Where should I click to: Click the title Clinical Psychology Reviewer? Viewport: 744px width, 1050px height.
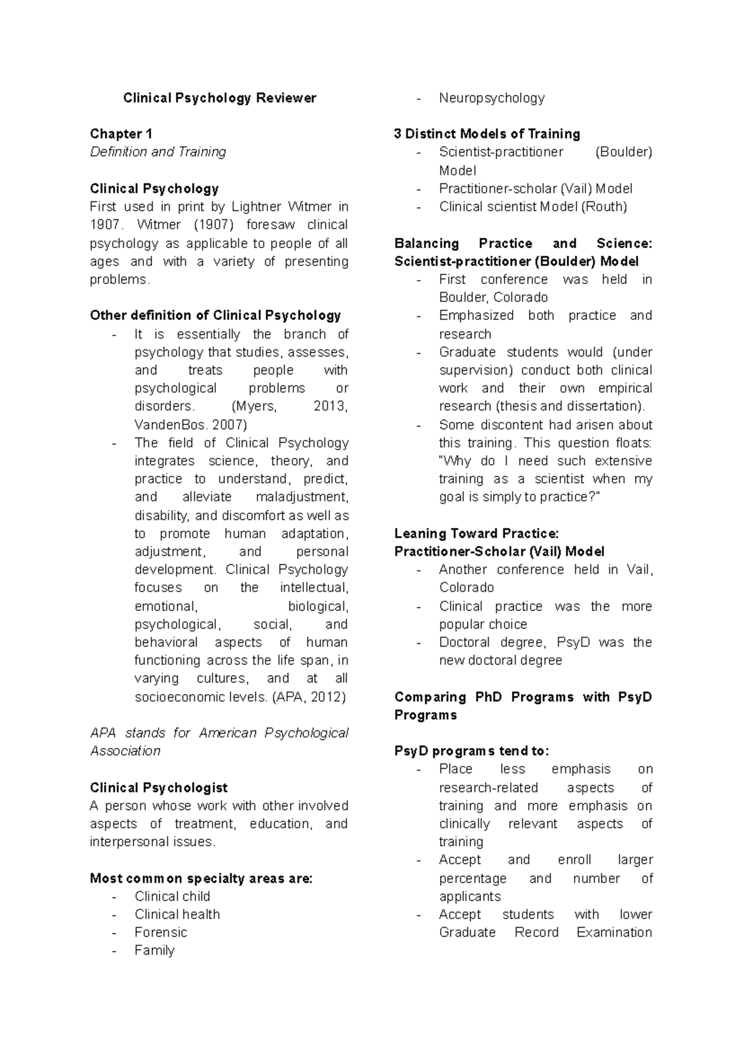[219, 98]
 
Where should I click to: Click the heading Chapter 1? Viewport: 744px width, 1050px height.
[121, 134]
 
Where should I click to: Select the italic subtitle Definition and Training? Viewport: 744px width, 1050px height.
[157, 152]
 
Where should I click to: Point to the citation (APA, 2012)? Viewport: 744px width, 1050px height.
[308, 697]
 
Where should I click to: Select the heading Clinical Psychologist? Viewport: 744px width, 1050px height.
[159, 788]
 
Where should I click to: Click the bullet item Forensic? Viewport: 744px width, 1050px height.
[161, 932]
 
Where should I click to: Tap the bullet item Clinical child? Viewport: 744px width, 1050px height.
[172, 896]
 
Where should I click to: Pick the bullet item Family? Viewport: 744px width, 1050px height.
[154, 950]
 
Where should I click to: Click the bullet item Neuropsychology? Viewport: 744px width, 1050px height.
[492, 98]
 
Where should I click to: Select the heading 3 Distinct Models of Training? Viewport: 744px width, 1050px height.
[487, 134]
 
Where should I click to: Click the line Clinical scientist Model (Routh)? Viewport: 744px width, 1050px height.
[533, 206]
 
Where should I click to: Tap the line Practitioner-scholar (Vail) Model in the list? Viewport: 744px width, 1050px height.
[536, 188]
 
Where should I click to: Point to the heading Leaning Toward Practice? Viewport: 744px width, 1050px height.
[476, 534]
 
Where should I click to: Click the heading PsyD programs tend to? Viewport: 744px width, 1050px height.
[471, 751]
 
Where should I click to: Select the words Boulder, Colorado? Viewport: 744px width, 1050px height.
[493, 298]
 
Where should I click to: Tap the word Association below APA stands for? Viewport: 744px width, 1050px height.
[125, 751]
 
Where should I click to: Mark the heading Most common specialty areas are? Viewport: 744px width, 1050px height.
[201, 878]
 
